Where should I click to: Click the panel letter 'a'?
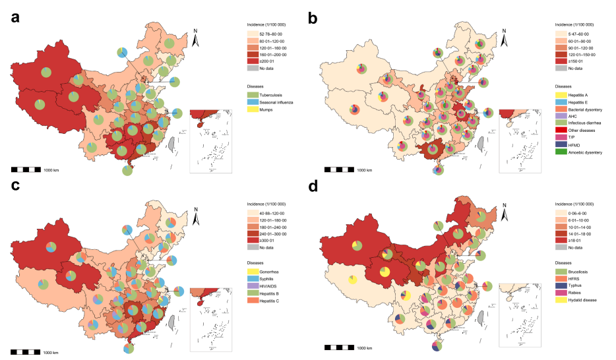pos(15,17)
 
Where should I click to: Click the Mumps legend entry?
pos(259,111)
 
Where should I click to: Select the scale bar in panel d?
pos(338,347)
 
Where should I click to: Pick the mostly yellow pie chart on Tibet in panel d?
pos(353,281)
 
